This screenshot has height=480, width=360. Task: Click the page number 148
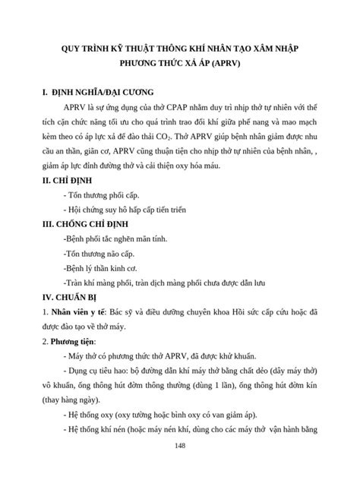pyautogui.click(x=179, y=445)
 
